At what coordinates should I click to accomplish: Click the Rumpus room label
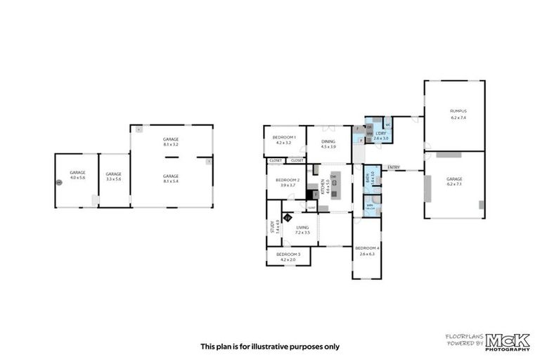coord(458,111)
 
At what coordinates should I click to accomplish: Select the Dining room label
coord(328,142)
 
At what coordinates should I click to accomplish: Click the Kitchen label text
coord(323,186)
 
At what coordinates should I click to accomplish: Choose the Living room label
coord(302,227)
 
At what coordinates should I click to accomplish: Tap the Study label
coord(272,226)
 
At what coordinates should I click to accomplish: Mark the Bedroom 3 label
coord(288,253)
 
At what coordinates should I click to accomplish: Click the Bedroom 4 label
coord(367,247)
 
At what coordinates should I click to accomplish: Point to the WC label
coord(387,125)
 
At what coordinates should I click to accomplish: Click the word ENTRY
coord(393,167)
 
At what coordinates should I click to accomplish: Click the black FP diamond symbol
coord(287,217)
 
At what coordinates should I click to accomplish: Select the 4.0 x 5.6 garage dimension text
coord(77,178)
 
